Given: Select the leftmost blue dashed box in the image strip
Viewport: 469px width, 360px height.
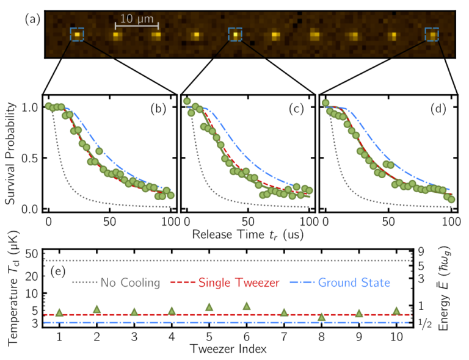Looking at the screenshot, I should tap(77, 35).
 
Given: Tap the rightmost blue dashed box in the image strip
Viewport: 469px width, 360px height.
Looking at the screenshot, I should tap(432, 35).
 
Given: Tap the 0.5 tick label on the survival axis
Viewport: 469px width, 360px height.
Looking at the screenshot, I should tap(29, 158).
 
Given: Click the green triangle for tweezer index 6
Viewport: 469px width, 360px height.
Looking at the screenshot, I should tap(247, 306).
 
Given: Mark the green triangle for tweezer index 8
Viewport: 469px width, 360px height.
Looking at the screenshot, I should tap(322, 317).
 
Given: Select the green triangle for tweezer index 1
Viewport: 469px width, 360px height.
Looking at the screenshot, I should tap(59, 312).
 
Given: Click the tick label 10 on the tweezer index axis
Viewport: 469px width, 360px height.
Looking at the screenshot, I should tap(396, 337).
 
